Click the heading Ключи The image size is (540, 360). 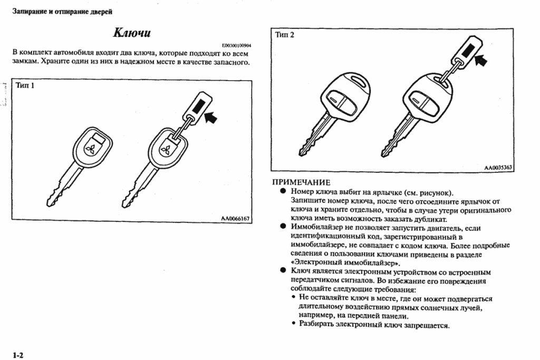[x=132, y=33]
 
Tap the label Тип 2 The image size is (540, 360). [x=285, y=35]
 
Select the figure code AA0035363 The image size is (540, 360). [x=498, y=168]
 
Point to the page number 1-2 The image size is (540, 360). [x=18, y=355]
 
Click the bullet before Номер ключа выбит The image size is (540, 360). [x=283, y=192]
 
